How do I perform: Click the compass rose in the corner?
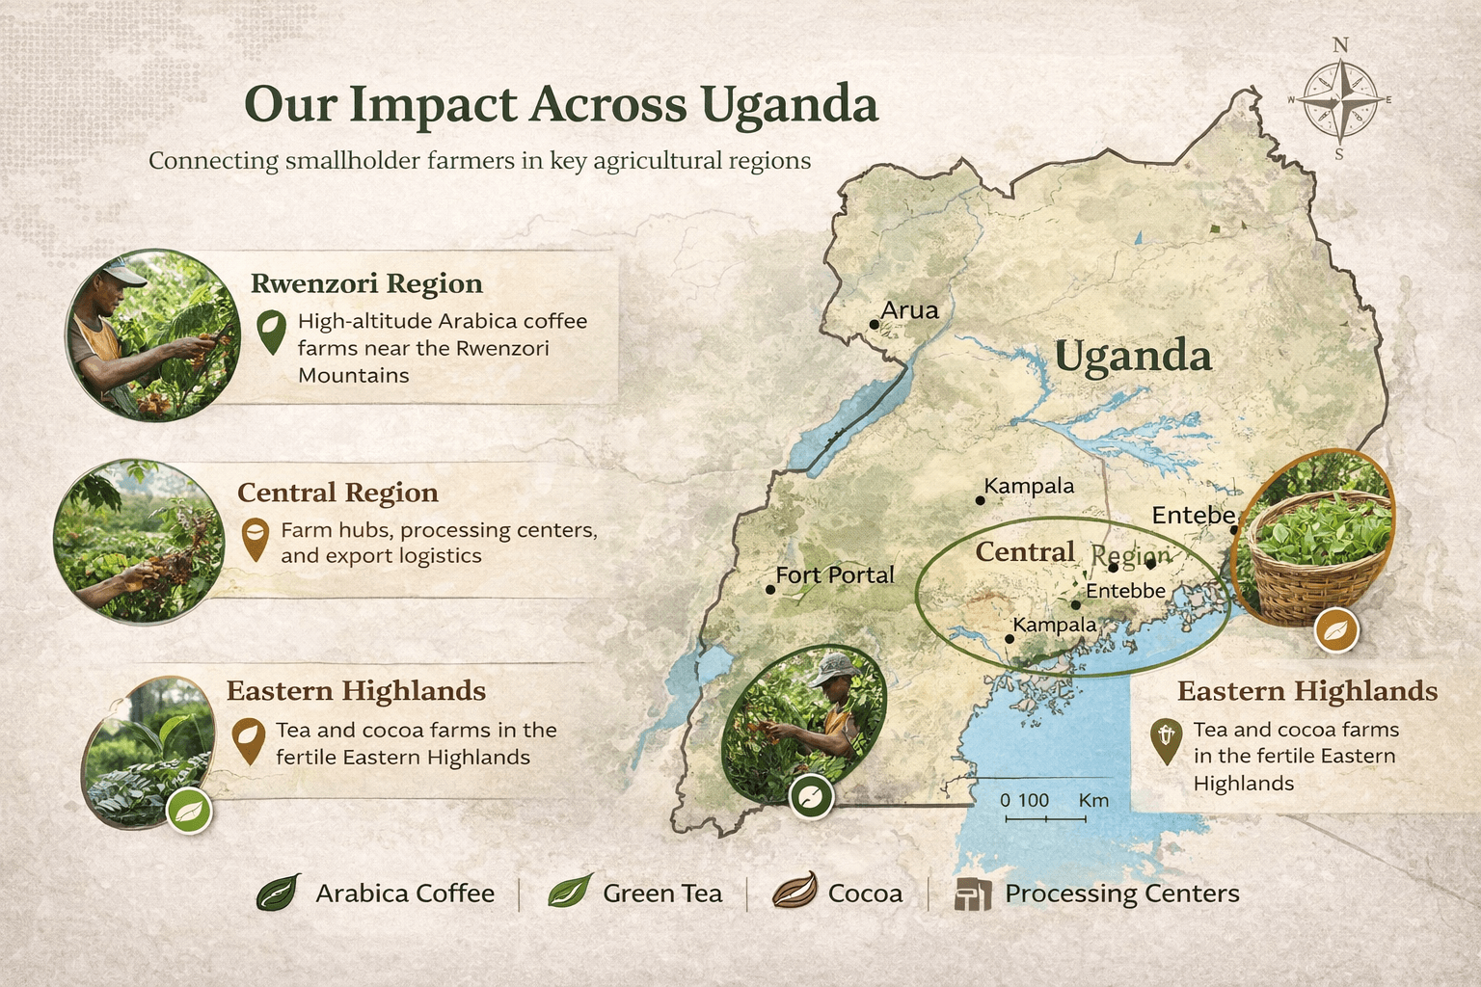(1339, 99)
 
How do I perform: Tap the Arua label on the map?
(909, 310)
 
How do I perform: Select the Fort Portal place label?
(834, 575)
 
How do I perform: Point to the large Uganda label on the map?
(1132, 357)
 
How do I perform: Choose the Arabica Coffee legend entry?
(376, 894)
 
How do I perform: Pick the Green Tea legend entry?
(636, 894)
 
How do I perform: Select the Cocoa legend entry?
(838, 894)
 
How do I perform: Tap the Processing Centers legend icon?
(973, 894)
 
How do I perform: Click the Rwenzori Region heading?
(366, 283)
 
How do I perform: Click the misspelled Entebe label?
(1193, 516)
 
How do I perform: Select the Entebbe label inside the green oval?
(1125, 591)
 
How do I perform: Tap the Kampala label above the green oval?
(1028, 486)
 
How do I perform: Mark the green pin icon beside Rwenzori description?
(272, 331)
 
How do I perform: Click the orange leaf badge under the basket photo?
(1336, 631)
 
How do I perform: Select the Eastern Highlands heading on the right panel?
(1306, 691)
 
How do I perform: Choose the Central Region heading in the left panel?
(337, 493)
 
